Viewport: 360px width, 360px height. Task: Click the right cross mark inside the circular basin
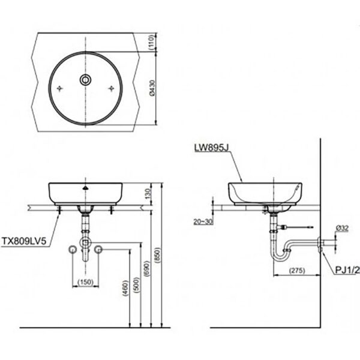pos(112,88)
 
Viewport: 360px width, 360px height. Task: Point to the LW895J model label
pos(211,146)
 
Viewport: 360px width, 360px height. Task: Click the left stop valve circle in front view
pos(73,249)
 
